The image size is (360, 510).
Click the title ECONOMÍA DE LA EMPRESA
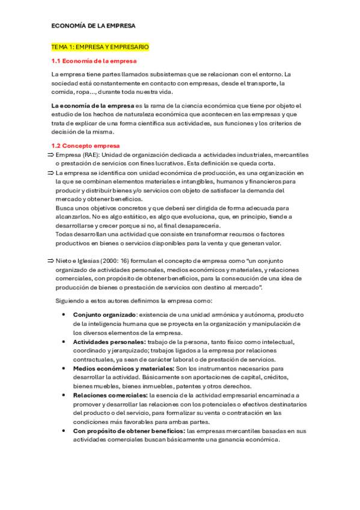[x=93, y=26]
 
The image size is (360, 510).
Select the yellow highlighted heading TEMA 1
[x=100, y=46]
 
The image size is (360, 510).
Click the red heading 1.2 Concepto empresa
[x=85, y=146]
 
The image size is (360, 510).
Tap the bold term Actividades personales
[x=109, y=342]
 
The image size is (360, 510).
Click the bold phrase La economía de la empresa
[x=93, y=105]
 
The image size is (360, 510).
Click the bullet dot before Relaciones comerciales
[x=64, y=395]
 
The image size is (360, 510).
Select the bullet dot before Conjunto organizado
[x=64, y=315]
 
